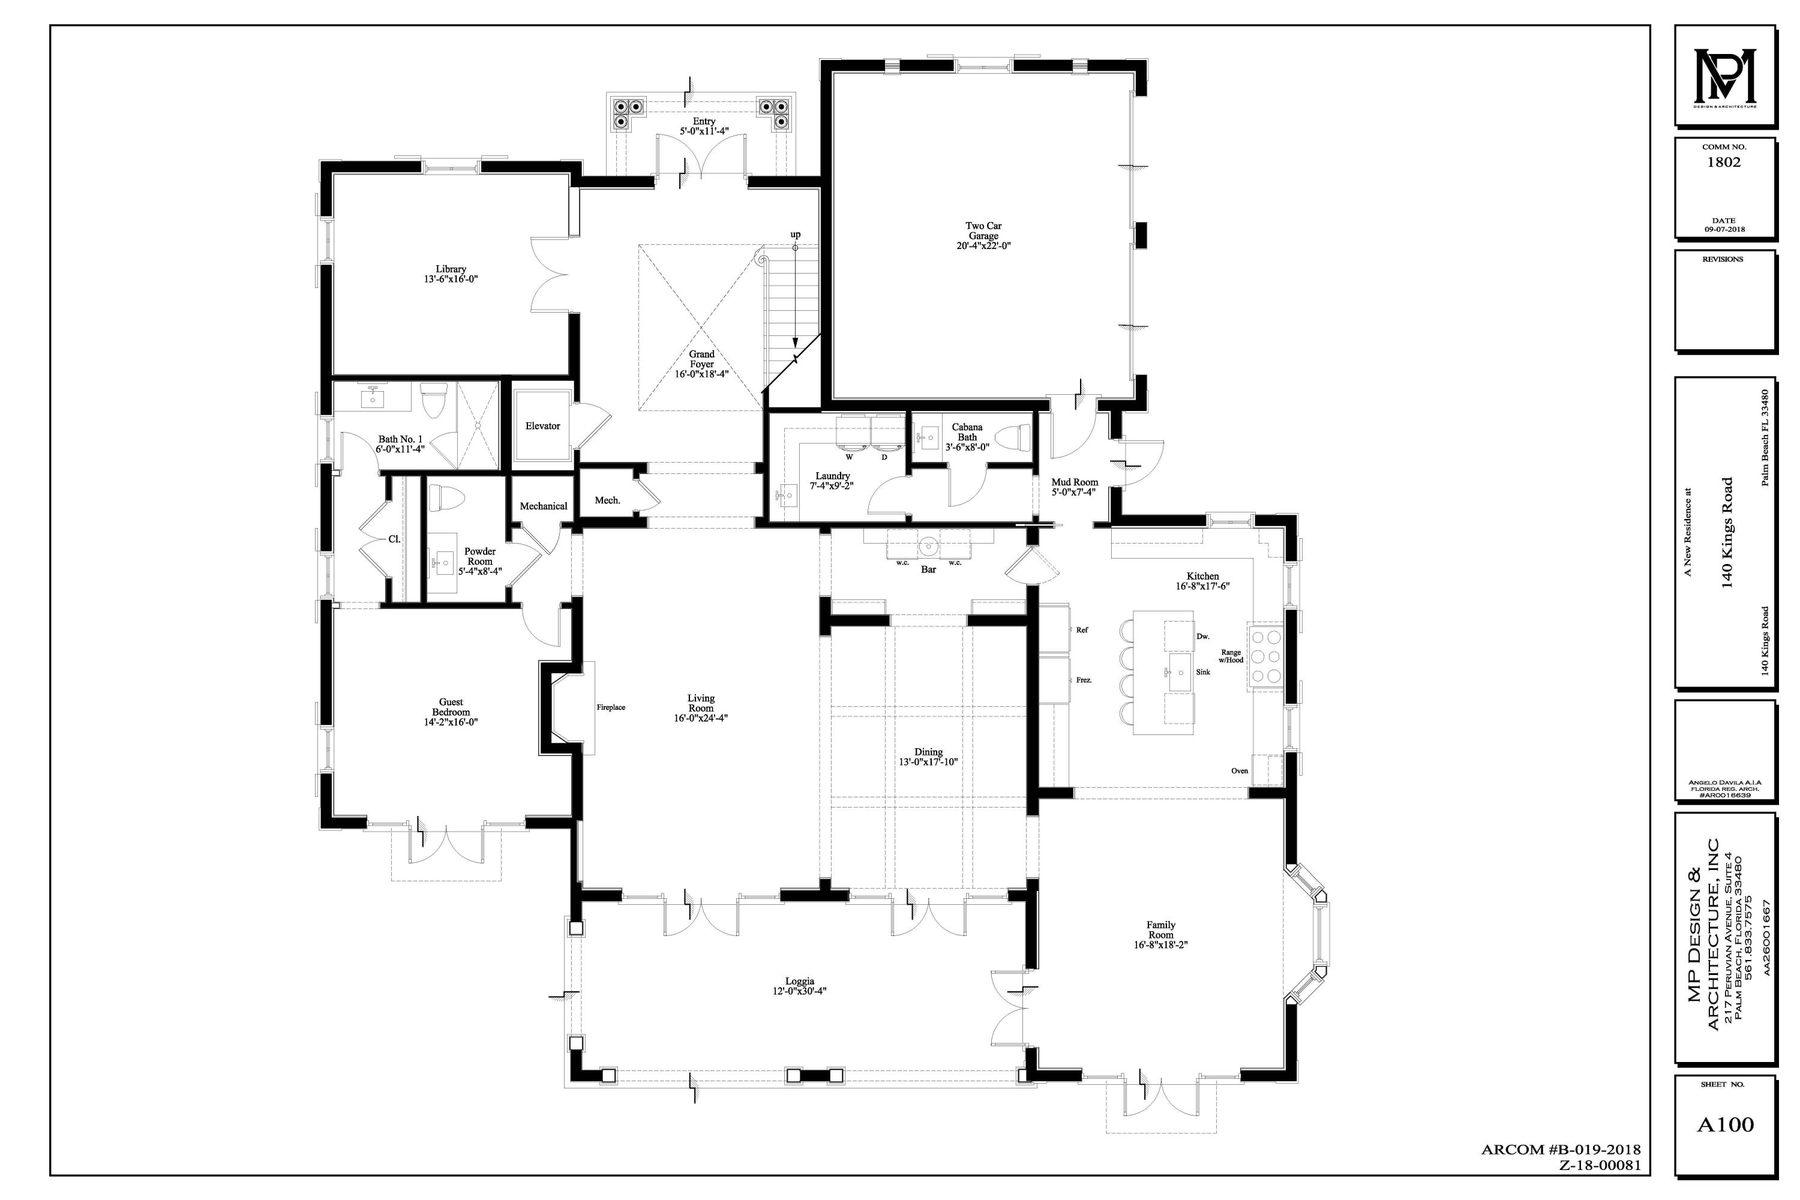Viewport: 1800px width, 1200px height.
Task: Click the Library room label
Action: click(451, 269)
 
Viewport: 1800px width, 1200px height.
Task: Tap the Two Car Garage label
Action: click(983, 231)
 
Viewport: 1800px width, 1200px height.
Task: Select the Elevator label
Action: click(542, 426)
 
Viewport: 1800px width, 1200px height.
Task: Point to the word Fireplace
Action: click(611, 708)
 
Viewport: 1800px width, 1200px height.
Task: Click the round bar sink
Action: click(928, 545)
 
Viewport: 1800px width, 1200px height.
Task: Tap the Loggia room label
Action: click(800, 981)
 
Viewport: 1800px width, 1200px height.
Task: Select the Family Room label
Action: click(1160, 930)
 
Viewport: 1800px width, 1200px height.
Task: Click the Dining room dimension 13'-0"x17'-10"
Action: click(928, 762)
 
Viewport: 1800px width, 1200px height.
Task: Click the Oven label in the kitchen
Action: click(1239, 770)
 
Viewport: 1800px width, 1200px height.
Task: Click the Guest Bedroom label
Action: click(451, 707)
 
